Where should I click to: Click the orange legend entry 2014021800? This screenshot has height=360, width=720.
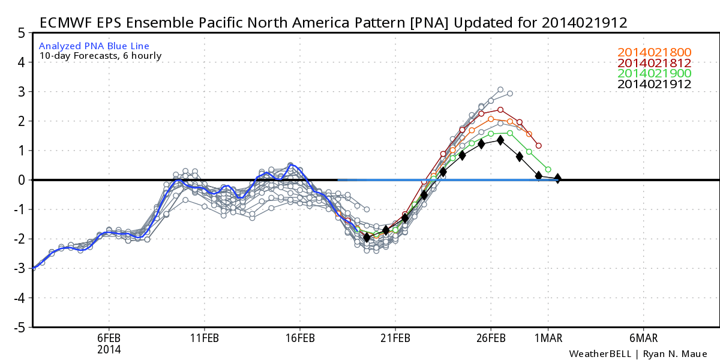[x=654, y=52]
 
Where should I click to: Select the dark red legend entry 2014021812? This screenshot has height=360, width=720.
[x=654, y=63]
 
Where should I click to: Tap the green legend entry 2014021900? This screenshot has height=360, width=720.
[x=654, y=74]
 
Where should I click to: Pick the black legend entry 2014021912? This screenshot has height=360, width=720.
[x=654, y=85]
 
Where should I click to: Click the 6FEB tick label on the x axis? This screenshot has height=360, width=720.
[x=109, y=338]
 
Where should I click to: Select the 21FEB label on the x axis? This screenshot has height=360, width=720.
[x=395, y=338]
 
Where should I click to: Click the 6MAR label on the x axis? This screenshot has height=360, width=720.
[x=643, y=338]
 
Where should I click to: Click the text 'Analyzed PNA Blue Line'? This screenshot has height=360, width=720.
[x=94, y=46]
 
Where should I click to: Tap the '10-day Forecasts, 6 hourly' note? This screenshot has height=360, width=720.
[x=100, y=56]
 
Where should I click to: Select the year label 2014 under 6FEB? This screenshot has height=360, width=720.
[x=109, y=349]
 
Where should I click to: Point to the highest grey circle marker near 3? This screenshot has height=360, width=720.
[x=500, y=89]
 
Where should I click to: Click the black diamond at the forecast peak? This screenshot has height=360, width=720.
[x=500, y=140]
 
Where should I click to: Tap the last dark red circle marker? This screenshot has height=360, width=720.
[x=539, y=146]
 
